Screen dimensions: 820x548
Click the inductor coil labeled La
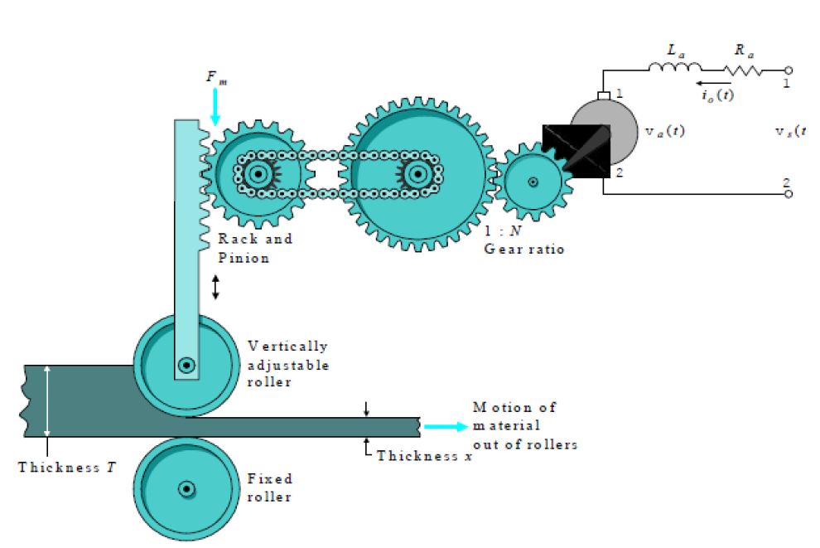675,66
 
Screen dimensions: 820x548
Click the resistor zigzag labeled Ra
743,70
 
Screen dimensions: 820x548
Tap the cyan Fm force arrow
215,107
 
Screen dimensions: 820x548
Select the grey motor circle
604,131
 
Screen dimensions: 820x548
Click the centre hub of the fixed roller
186,489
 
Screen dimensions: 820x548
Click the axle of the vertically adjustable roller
186,365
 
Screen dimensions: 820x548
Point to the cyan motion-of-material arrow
446,427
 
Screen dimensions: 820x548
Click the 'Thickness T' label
67,467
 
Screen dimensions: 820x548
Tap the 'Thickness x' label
424,456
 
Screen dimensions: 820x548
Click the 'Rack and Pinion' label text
255,248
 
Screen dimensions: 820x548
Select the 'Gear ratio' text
524,250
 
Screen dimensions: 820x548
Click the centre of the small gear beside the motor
533,182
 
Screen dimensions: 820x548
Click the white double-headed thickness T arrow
47,401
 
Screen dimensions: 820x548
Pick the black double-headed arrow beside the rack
215,288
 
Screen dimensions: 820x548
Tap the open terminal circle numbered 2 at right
789,194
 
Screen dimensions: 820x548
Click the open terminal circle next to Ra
789,70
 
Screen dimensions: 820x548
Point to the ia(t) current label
718,95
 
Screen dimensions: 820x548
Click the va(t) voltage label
664,131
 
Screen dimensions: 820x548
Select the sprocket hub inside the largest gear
417,174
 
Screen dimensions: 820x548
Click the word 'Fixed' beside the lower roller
270,478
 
